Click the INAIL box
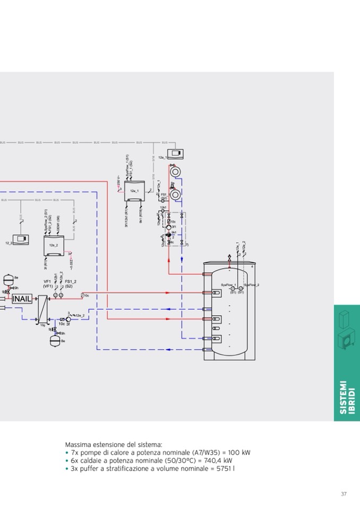pyautogui.click(x=22, y=298)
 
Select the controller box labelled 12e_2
pyautogui.click(x=54, y=245)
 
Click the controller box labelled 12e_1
pyautogui.click(x=134, y=191)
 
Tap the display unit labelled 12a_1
pyautogui.click(x=175, y=154)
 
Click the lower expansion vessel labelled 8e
pyautogui.click(x=55, y=341)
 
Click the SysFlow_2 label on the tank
pyautogui.click(x=251, y=285)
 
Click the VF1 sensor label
pyautogui.click(x=47, y=281)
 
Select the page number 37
pyautogui.click(x=344, y=494)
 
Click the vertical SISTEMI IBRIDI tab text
pyautogui.click(x=347, y=397)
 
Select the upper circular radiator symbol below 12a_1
pyautogui.click(x=175, y=172)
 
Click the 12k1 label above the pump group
pyautogui.click(x=164, y=208)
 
